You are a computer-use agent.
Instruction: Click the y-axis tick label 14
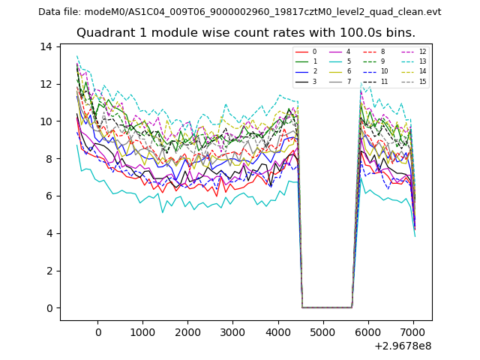(x=46, y=46)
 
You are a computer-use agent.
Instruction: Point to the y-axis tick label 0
(x=49, y=308)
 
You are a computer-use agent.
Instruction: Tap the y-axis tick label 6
(x=49, y=196)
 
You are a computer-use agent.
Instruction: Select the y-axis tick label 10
(x=46, y=121)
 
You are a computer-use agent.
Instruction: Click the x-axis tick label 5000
(x=323, y=332)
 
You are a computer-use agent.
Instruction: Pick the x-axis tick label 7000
(x=413, y=332)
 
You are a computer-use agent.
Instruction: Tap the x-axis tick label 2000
(x=187, y=332)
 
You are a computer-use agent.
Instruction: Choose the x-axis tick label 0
(x=97, y=332)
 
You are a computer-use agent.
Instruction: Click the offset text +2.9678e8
(x=402, y=346)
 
